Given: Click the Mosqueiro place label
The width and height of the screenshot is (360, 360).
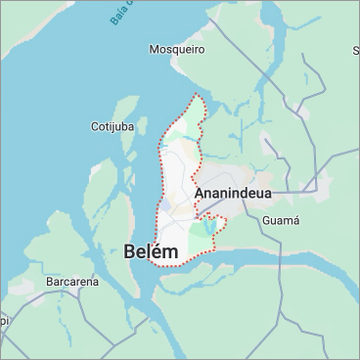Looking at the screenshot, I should (176, 48).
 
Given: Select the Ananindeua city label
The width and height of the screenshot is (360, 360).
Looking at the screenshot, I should (232, 194).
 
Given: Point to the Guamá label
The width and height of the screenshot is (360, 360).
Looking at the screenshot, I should (281, 221).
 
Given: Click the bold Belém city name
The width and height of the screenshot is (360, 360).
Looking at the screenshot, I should (152, 252).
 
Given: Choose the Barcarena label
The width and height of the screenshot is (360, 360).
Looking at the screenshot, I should (72, 282).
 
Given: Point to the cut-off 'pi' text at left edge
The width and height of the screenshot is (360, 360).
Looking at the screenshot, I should (4, 319).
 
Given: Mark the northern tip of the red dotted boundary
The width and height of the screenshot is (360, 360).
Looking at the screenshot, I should (200, 95).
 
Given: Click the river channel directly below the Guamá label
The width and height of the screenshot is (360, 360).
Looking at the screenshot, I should (284, 252).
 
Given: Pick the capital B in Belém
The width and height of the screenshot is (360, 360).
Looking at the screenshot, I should (131, 252).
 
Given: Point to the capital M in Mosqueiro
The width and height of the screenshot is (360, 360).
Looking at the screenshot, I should (154, 48).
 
